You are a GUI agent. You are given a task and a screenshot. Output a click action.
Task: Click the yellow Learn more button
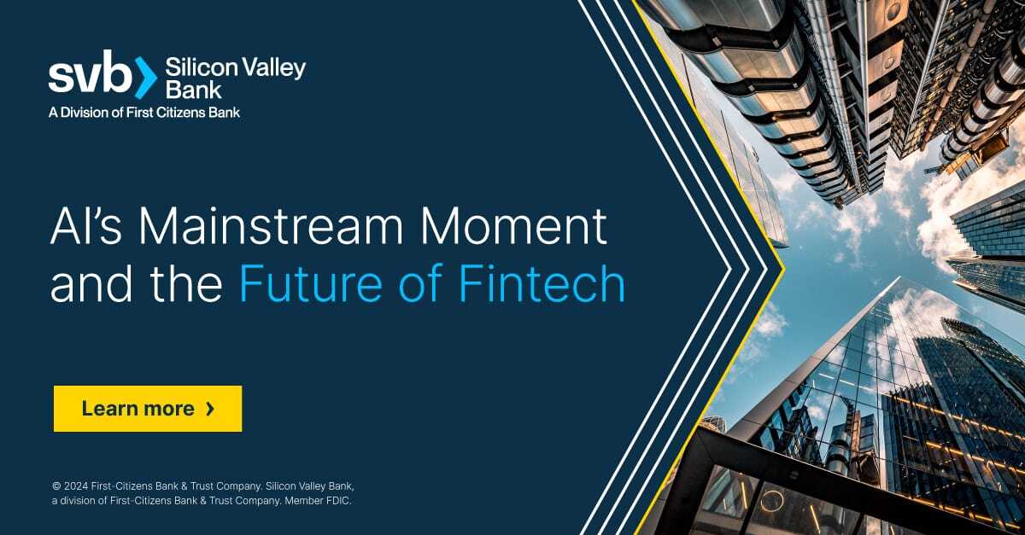[x=148, y=409]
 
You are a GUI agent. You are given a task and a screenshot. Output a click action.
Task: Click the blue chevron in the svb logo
[x=146, y=78]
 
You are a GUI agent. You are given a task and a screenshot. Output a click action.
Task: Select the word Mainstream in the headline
[x=271, y=227]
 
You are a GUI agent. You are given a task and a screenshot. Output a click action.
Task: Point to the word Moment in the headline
[x=514, y=227]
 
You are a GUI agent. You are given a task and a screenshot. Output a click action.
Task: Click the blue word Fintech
[x=542, y=283]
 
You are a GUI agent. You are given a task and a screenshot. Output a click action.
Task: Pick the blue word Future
[x=311, y=283]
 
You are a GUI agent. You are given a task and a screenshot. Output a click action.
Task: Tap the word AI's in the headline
[x=86, y=227]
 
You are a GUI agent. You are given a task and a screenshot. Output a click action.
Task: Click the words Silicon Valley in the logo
[x=235, y=68]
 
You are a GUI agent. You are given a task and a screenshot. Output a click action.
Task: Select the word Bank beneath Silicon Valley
[x=194, y=90]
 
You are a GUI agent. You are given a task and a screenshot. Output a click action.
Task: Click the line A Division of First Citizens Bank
[x=144, y=112]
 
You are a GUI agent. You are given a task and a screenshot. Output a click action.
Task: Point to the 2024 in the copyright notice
[x=76, y=486]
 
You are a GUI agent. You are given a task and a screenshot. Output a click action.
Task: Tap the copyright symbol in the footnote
[x=56, y=486]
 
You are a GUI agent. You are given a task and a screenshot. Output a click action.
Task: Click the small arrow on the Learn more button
[x=210, y=409]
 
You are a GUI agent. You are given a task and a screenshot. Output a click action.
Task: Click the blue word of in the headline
[x=420, y=283]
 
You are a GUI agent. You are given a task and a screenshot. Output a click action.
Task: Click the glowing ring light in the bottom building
[x=771, y=501]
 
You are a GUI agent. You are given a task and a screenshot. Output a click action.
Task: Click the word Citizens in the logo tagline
[x=181, y=112]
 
